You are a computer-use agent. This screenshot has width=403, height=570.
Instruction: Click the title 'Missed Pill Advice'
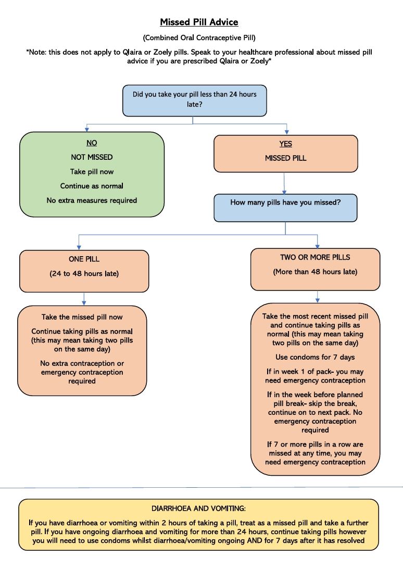click(x=199, y=22)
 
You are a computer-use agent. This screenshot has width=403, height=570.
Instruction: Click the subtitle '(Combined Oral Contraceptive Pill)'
click(x=199, y=38)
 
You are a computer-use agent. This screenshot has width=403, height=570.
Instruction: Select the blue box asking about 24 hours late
click(x=195, y=100)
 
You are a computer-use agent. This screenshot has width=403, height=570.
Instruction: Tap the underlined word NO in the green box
click(x=92, y=143)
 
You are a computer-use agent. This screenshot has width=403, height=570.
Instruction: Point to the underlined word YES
click(x=285, y=144)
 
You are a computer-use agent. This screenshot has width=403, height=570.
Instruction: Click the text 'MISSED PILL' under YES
click(x=285, y=158)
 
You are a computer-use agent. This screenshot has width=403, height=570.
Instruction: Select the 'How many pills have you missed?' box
click(x=285, y=208)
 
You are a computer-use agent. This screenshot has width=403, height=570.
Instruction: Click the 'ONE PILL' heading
click(x=84, y=259)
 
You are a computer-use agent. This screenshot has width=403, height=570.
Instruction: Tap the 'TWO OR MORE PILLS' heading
click(x=315, y=257)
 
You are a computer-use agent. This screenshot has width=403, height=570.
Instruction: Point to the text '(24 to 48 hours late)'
click(x=84, y=274)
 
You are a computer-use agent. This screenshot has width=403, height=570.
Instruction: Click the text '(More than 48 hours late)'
click(x=315, y=272)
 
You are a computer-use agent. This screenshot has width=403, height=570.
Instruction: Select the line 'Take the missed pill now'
click(x=82, y=317)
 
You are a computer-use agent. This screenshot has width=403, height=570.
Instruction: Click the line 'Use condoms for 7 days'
click(x=315, y=357)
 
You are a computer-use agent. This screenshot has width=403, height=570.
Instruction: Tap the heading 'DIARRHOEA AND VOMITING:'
click(x=198, y=509)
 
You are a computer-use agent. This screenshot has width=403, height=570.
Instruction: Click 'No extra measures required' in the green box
click(x=92, y=200)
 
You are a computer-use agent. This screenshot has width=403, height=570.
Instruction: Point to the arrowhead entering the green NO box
click(x=86, y=130)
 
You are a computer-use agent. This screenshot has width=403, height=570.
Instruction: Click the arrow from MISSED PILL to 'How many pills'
click(x=284, y=183)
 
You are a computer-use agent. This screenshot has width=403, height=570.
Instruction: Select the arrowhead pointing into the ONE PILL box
click(x=79, y=248)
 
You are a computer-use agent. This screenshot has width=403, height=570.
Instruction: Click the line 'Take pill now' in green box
click(x=92, y=172)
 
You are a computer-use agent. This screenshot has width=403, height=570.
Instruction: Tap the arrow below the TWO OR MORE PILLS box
click(x=318, y=297)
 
